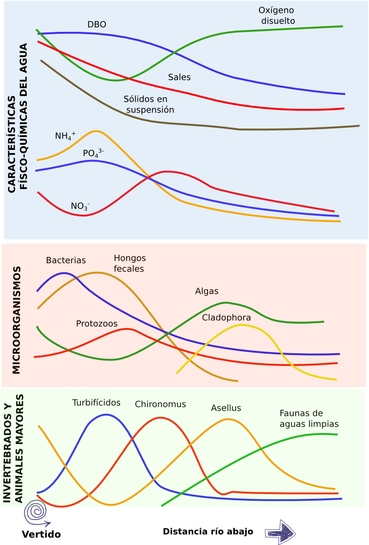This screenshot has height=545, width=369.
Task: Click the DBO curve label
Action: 97,24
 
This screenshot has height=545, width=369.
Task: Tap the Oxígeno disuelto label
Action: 277,15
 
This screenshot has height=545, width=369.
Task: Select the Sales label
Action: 179,77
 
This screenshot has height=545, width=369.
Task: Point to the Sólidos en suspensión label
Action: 148,104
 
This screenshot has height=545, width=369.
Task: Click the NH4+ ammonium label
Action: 65,136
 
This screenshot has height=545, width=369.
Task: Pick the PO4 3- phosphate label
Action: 93,153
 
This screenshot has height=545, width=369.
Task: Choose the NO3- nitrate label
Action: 80,206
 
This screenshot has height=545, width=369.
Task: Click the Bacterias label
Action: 66,260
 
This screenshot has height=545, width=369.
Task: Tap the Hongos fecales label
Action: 130,263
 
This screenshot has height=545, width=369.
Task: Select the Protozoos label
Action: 97,324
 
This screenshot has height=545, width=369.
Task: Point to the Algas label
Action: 207,291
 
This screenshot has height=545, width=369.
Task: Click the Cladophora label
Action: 226,317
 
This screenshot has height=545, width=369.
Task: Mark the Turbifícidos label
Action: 96,403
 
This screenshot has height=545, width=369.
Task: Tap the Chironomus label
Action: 160,405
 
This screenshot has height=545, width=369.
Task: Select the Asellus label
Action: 226,408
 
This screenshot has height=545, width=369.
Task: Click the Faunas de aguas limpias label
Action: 309,418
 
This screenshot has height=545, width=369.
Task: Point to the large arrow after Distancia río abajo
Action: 281,531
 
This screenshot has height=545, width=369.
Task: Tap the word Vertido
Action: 41,535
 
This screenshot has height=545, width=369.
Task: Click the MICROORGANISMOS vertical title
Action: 17,320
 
